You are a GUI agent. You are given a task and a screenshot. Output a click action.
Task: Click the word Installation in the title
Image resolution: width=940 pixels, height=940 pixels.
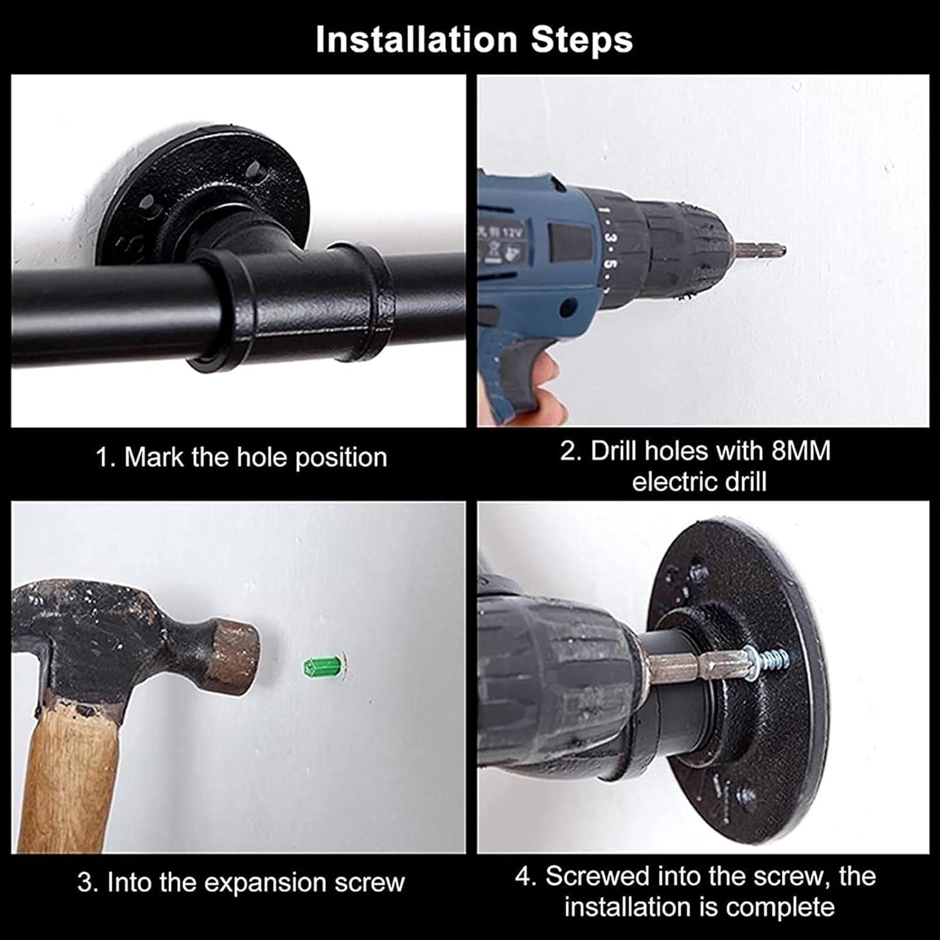pos(417,39)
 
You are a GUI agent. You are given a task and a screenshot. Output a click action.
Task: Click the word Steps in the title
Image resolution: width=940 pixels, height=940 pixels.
pos(582,39)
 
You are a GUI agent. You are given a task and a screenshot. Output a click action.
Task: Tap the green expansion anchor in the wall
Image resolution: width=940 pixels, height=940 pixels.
pos(323,666)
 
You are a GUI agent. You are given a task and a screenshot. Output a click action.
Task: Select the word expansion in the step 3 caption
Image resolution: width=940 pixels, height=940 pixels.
pos(266,884)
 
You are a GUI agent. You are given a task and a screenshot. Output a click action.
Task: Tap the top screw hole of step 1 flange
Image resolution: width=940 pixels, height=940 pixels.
pos(254,168)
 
